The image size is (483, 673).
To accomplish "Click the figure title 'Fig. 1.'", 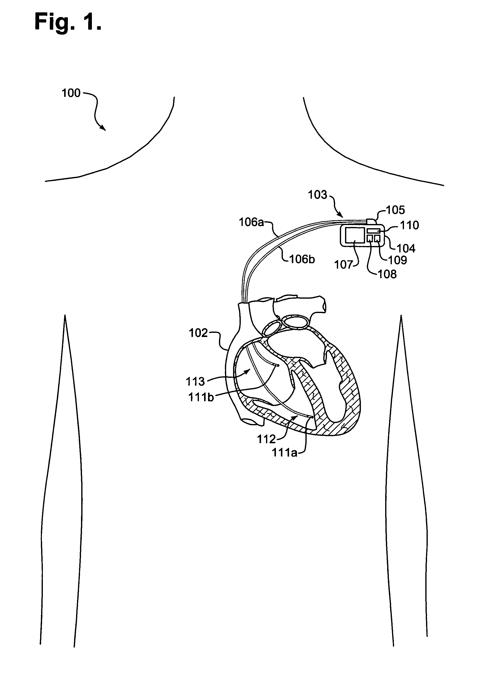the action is click(68, 22).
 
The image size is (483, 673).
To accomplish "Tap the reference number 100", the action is click(71, 93).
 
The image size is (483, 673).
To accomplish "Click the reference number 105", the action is click(395, 210).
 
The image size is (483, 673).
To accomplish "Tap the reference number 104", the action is click(406, 248).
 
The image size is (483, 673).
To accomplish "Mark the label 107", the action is click(344, 265).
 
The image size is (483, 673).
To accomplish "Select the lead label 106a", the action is click(251, 222).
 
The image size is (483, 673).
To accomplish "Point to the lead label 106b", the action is click(302, 259).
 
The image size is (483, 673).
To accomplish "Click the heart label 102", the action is click(198, 333).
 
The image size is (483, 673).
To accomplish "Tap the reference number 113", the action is click(195, 381).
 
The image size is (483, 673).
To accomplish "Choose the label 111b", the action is click(201, 397).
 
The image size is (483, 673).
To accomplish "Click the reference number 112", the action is click(267, 439).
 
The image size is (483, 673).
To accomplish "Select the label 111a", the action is click(284, 453).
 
